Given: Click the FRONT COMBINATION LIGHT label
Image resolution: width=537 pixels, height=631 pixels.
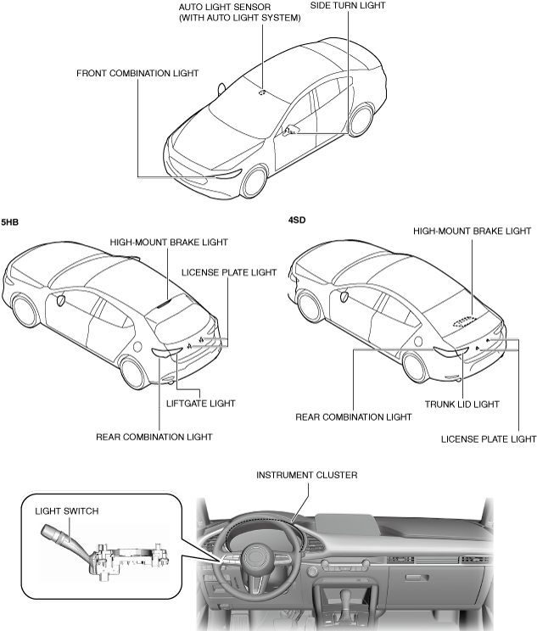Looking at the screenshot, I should click(137, 73).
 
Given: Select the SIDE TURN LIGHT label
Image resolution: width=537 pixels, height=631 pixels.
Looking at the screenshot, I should click(347, 5).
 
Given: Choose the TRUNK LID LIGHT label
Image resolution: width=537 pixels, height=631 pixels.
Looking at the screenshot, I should click(461, 404).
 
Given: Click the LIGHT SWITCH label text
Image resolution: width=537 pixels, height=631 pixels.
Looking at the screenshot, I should click(67, 511).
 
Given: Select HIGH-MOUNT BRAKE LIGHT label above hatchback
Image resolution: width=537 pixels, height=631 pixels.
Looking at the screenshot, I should click(169, 242).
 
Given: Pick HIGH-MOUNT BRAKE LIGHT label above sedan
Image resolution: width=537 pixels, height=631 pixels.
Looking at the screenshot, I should click(472, 230).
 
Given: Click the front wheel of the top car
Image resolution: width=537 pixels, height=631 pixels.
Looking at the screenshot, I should click(255, 181).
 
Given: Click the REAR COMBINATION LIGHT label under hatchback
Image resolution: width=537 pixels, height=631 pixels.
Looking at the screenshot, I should click(154, 437).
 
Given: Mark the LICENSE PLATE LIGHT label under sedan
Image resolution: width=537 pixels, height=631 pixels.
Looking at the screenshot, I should click(489, 438).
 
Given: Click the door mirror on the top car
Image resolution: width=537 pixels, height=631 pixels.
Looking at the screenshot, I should click(290, 129).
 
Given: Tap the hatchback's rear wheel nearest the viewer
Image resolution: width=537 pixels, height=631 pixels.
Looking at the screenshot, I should click(132, 371).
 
